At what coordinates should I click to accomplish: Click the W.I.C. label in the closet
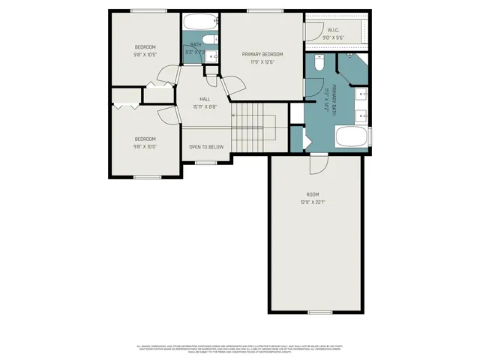334,30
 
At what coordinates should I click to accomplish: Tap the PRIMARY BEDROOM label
262,54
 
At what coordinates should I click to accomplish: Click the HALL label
205,99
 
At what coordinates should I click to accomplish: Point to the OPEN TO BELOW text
205,147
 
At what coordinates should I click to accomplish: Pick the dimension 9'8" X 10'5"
145,55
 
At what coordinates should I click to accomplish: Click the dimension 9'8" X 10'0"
145,146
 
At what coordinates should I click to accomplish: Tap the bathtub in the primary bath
351,138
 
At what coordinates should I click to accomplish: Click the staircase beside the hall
255,129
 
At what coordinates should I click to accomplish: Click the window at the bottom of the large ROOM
319,311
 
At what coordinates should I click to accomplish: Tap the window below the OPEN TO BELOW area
205,160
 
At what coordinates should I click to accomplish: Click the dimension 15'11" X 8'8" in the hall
205,107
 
